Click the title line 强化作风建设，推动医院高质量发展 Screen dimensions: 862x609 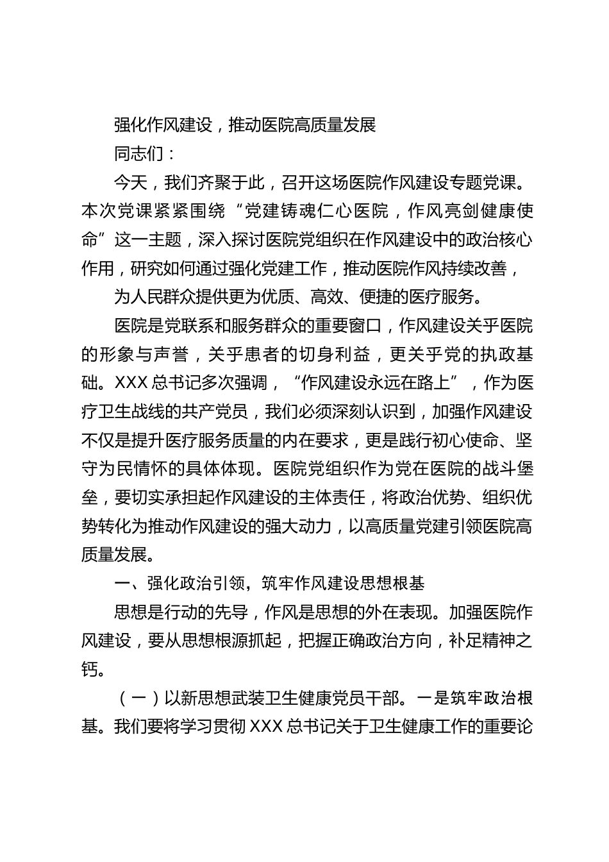pyautogui.click(x=244, y=124)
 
